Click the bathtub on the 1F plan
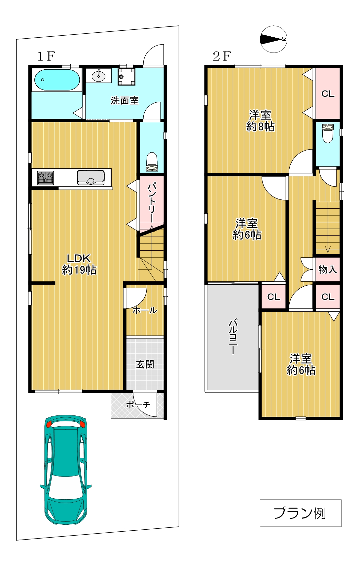tap(57, 80)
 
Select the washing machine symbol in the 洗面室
tap(126, 76)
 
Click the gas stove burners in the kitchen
tap(46, 177)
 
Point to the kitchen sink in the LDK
tap(91, 177)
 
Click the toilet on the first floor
tap(152, 162)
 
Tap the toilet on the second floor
tap(328, 133)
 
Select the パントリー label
tap(152, 202)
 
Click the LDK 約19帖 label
tap(79, 264)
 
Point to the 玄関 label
tap(145, 364)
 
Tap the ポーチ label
tap(138, 405)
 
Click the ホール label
tap(145, 310)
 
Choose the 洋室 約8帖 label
tap(261, 121)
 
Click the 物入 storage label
tap(328, 269)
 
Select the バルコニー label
tap(233, 337)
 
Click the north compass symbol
tap(273, 39)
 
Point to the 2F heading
tap(222, 56)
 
